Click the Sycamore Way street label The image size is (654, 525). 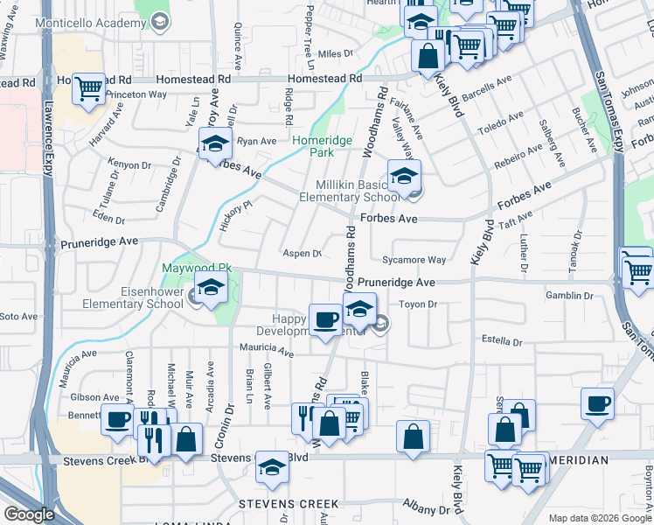[414, 260]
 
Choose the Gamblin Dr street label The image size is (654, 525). [569, 296]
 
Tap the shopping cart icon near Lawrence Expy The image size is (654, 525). [88, 88]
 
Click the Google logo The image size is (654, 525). [29, 514]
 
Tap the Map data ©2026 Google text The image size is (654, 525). [599, 518]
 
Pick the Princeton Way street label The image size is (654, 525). [136, 94]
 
